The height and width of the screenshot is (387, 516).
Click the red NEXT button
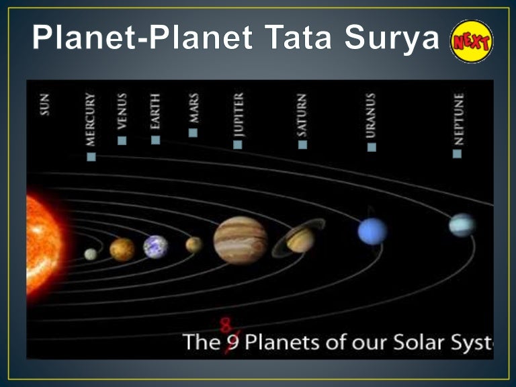click(x=472, y=41)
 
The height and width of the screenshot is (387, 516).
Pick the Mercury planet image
click(x=91, y=254)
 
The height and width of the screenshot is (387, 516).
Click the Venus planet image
click(x=122, y=249)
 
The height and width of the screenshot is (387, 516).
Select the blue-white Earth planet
click(x=155, y=247)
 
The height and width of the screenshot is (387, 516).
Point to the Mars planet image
click(x=193, y=245)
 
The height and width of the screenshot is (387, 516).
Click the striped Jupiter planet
click(x=240, y=240)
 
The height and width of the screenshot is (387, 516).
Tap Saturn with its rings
click(x=299, y=239)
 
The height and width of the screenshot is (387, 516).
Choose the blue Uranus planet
click(x=372, y=231)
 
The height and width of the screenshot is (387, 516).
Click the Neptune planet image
click(x=462, y=225)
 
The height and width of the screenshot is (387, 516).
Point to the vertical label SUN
click(x=44, y=105)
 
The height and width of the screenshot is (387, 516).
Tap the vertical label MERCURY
click(x=90, y=120)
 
